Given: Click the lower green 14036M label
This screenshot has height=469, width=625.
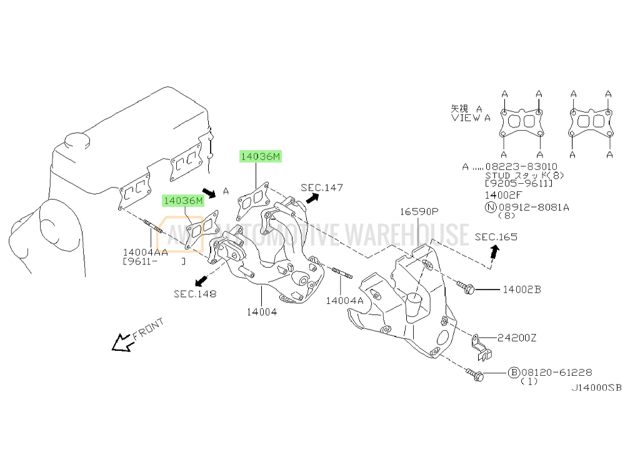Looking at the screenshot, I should point(184,201).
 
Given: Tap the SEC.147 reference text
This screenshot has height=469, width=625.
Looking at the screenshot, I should point(321,187).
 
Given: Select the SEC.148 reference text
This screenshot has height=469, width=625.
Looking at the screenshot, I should point(195,294).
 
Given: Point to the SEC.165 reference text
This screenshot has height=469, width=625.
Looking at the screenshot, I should point(496,237).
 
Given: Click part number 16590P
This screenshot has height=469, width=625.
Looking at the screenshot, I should point(420,212).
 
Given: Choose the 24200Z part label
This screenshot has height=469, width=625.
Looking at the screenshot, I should point(517,338).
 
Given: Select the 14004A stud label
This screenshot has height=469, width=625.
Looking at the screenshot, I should point(344,300).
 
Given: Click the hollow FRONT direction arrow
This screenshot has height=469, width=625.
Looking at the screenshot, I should point(120,342).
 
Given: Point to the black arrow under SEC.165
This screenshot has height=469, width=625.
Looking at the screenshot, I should point(495,251).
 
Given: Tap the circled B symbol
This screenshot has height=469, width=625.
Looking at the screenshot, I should point(514,372).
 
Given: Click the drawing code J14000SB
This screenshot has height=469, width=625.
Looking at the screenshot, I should point(596,388).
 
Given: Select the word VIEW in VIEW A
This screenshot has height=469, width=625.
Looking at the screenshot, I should point(463,117).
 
